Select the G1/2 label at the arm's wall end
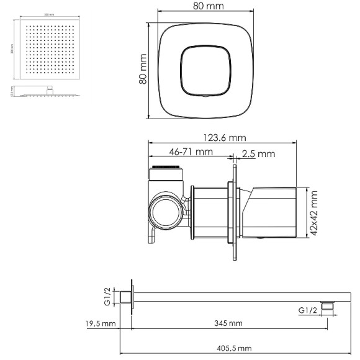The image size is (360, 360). click(107, 297)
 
